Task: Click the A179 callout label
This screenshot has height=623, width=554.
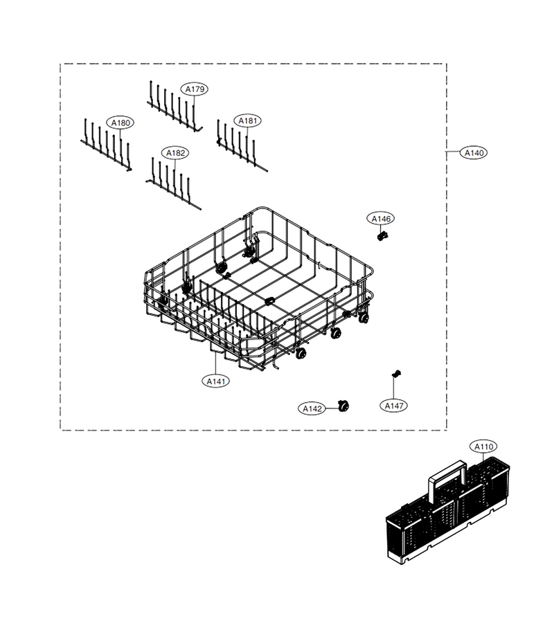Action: [x=195, y=89]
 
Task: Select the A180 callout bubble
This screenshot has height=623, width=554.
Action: [x=120, y=123]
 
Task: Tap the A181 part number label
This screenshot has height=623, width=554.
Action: [x=247, y=120]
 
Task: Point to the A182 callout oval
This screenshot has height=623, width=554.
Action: [x=175, y=153]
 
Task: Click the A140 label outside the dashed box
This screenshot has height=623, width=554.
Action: [x=474, y=152]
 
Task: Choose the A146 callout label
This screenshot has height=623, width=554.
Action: [x=381, y=219]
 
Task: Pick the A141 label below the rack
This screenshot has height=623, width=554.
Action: [x=216, y=381]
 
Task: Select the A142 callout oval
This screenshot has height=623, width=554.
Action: [x=312, y=408]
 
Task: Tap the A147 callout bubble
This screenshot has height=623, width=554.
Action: [x=394, y=406]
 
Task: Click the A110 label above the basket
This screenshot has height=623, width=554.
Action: [x=483, y=446]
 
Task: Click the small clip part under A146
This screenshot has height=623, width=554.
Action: [x=382, y=237]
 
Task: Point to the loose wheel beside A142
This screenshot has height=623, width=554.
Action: [x=343, y=406]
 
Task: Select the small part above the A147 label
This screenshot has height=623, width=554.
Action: [x=396, y=373]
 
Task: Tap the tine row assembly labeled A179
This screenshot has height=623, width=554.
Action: [x=175, y=107]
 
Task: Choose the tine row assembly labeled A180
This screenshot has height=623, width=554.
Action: [x=106, y=145]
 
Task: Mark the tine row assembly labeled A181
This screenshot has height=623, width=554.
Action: [x=242, y=145]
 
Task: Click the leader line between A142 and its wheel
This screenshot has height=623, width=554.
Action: [x=332, y=408]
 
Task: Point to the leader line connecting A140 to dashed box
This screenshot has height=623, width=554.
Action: [x=453, y=152]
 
